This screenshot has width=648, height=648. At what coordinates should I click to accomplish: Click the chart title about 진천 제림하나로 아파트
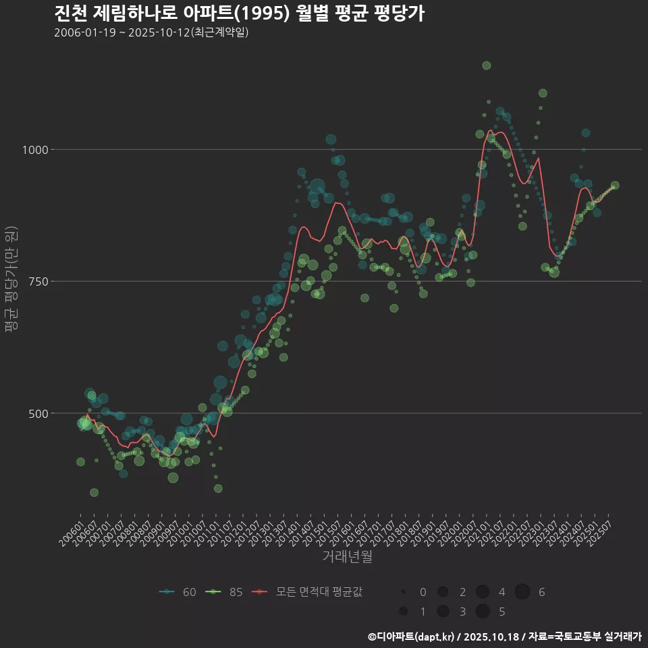click(239, 13)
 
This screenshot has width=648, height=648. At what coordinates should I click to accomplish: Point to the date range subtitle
click(151, 32)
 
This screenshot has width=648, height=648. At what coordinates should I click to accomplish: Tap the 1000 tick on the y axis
click(34, 150)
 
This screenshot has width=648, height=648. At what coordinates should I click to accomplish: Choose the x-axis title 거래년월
click(348, 557)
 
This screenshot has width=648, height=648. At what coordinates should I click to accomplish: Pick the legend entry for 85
click(225, 592)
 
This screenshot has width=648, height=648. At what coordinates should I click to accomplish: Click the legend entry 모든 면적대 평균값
click(308, 592)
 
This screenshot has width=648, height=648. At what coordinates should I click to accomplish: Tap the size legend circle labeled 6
click(522, 592)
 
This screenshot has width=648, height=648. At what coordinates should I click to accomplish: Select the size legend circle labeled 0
click(403, 592)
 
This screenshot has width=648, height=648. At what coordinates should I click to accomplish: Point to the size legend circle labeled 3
click(443, 612)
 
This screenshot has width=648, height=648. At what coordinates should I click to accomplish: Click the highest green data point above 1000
click(486, 65)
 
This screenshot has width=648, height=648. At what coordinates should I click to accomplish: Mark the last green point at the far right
click(615, 186)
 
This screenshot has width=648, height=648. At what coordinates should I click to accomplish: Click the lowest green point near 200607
click(94, 493)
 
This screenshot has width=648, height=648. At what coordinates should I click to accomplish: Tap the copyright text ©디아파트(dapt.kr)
click(412, 637)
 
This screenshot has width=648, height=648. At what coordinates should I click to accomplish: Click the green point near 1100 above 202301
click(543, 93)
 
